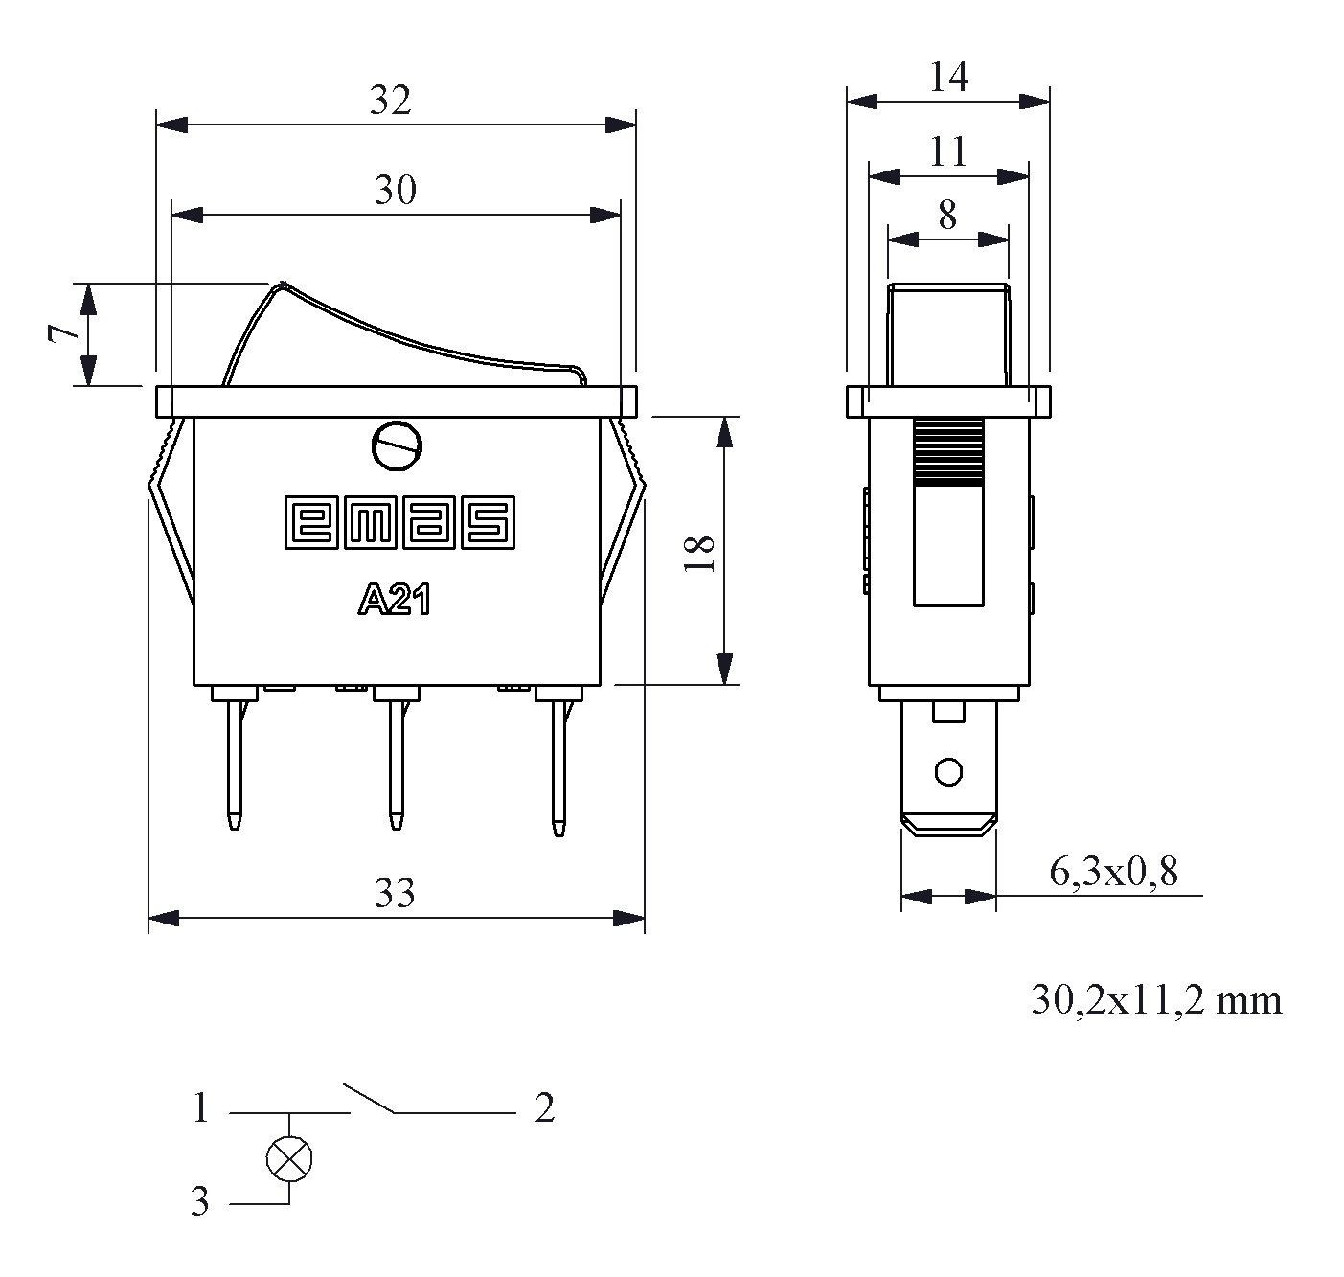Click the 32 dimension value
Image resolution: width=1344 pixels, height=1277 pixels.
point(390,100)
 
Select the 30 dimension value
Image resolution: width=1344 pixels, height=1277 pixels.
point(395,190)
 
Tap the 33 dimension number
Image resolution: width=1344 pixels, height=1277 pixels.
point(395,893)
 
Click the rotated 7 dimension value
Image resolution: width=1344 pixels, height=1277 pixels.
point(63,333)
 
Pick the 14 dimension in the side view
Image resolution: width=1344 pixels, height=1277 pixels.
point(949,77)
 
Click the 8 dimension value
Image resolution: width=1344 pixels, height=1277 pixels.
point(947,216)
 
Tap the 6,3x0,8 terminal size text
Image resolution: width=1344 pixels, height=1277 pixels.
point(1114,872)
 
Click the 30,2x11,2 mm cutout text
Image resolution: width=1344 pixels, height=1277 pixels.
point(1156,1000)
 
